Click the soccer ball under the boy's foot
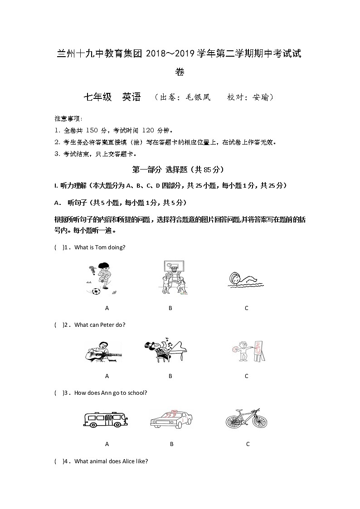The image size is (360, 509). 96,291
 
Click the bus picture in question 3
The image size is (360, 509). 106,419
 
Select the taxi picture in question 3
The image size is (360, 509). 170,419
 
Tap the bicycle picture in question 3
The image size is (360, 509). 246,418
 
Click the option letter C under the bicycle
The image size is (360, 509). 248,444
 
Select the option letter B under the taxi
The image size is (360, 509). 171,444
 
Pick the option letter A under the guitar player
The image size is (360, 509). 107,376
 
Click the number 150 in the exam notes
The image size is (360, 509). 92,131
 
